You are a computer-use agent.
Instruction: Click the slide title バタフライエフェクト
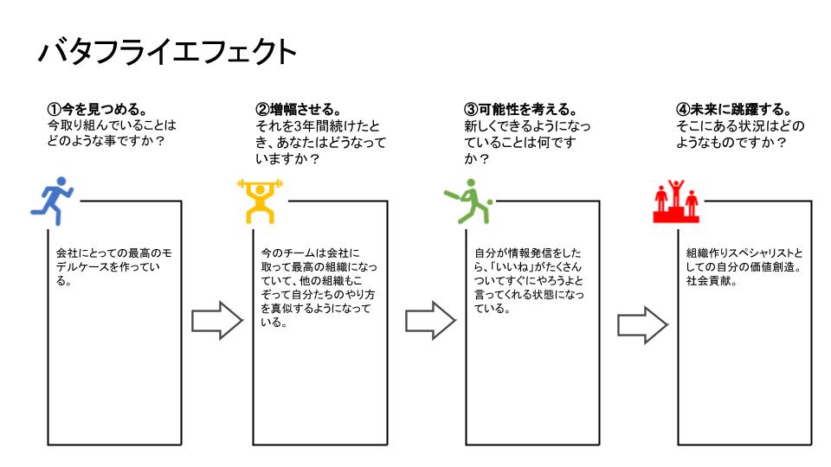coord(167,52)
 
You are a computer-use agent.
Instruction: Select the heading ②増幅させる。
coord(299,110)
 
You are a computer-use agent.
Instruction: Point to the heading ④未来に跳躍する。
coord(733,110)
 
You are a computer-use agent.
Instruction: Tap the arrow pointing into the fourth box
coord(642,325)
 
